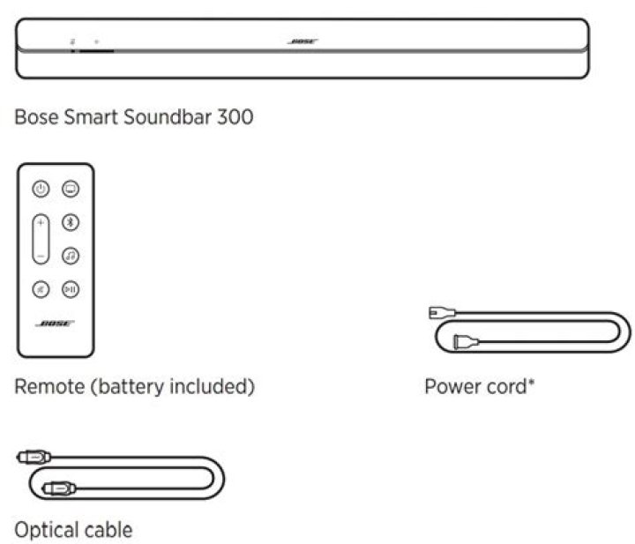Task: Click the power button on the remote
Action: tap(41, 189)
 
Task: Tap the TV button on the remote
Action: tap(69, 189)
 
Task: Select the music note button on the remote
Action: tap(69, 256)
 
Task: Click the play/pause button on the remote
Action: tap(69, 289)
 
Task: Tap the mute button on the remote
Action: tap(41, 289)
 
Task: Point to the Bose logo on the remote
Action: tap(55, 324)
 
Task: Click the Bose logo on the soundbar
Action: tap(303, 41)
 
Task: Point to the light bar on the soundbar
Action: tap(97, 50)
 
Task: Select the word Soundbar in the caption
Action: tap(165, 116)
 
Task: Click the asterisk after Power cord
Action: tap(532, 383)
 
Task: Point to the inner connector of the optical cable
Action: tap(60, 484)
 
